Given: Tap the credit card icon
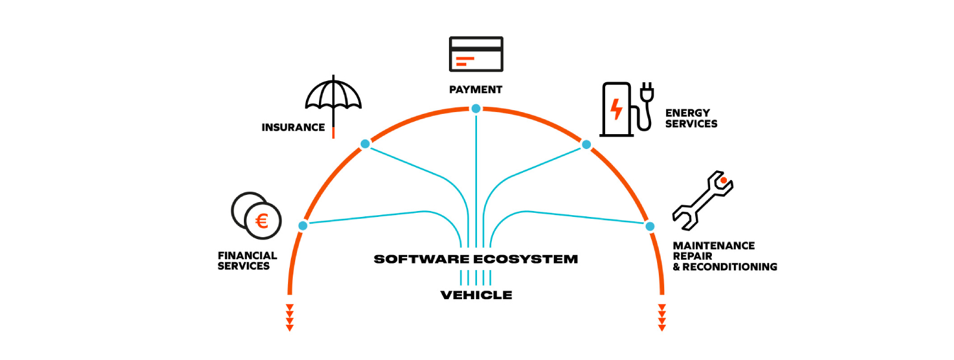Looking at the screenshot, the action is [x=476, y=54].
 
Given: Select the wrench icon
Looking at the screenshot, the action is [x=703, y=200].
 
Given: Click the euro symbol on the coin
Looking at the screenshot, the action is [x=262, y=221].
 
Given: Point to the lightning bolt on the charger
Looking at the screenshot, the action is [x=617, y=109].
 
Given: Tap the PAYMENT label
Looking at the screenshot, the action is [x=476, y=90].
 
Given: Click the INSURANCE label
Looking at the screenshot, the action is [x=293, y=127].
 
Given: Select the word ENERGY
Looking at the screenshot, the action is [x=688, y=113].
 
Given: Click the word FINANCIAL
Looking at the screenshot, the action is [x=247, y=255].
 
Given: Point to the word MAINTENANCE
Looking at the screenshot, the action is [x=714, y=246].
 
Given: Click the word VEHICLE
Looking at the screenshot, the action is [x=476, y=295].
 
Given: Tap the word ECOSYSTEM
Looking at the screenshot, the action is [x=525, y=259].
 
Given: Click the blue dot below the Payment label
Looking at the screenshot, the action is [x=476, y=109].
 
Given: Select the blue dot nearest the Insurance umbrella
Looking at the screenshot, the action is [x=365, y=144].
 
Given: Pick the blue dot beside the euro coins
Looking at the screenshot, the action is [x=303, y=225].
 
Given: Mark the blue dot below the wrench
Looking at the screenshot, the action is [x=650, y=226].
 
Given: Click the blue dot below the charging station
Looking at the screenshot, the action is [x=587, y=145].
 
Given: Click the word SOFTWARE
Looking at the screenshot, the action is [x=422, y=259].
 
